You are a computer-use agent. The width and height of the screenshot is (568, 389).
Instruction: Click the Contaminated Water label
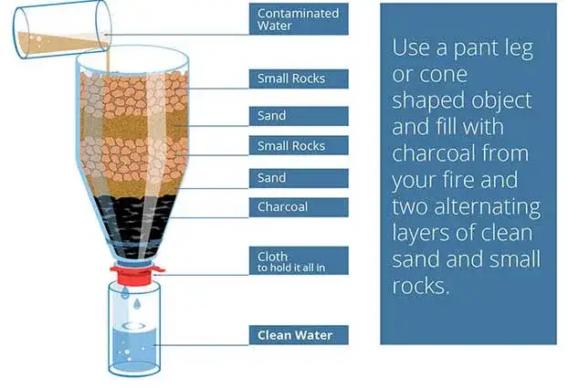coord(299,19)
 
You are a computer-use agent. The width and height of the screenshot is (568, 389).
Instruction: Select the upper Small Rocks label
coord(299,79)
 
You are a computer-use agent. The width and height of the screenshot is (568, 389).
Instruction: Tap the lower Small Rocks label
coord(299,145)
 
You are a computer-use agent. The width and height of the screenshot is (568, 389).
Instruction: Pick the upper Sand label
coord(299,116)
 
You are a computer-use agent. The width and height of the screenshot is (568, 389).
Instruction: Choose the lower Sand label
coord(299,178)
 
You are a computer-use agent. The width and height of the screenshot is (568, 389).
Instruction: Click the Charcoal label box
coord(299,207)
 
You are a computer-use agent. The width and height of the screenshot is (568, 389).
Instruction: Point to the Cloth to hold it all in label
coord(299,261)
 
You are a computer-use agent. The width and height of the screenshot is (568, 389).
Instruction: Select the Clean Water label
coord(299,335)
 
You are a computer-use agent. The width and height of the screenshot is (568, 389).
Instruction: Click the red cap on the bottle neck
coord(136,275)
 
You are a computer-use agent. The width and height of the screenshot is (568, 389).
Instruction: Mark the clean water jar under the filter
coord(134,329)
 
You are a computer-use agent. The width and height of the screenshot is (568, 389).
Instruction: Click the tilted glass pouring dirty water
coord(61,29)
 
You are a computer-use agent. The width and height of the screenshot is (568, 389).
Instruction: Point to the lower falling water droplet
coord(137,304)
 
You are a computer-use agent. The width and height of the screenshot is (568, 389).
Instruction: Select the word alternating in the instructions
coord(487,207)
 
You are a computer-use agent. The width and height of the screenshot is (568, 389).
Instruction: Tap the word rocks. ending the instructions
coord(421,286)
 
